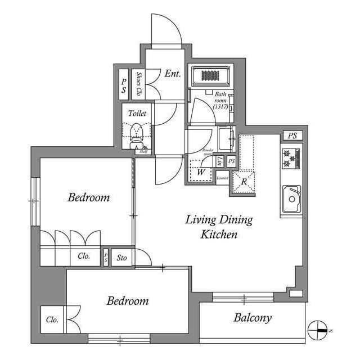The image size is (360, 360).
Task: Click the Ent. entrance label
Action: click(x=173, y=74)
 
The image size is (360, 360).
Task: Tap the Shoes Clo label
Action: click(x=138, y=84)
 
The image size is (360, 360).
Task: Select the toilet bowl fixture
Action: click(x=137, y=134)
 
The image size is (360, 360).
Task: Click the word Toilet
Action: click(x=137, y=113)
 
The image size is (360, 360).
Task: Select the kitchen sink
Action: click(x=291, y=197)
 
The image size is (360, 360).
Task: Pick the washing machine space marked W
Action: click(x=201, y=172)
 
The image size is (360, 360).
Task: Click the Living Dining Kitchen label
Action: click(x=219, y=227)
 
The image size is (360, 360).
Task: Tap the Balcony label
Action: click(x=253, y=318)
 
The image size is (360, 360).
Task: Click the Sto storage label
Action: click(x=121, y=258)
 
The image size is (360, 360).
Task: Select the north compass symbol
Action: click(x=318, y=330)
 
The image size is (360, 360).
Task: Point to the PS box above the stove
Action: click(x=291, y=136)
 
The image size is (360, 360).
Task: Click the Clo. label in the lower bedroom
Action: click(x=52, y=319)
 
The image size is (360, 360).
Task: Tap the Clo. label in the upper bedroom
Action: click(x=84, y=256)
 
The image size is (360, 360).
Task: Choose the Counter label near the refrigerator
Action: click(x=222, y=178)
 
